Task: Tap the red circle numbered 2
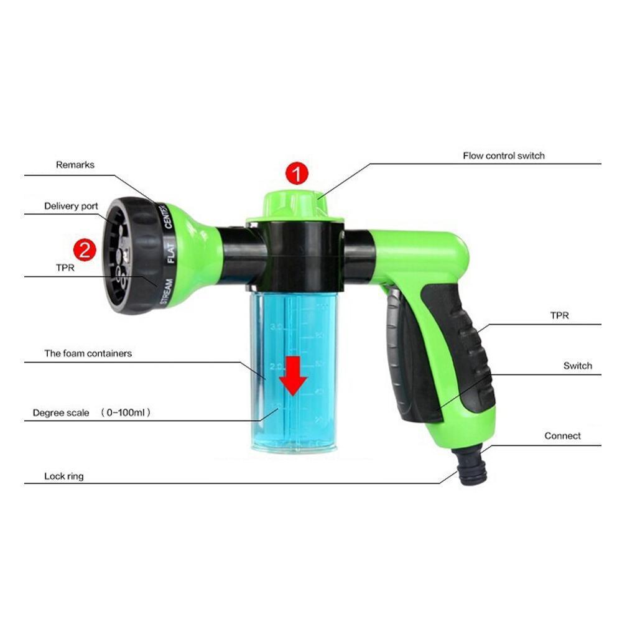coord(85,250)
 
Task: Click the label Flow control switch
coord(503,155)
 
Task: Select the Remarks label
coord(75,165)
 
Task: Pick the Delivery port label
coord(71,206)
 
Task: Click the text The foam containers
coord(88,353)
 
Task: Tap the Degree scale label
coord(61,412)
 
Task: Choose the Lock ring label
coord(63,476)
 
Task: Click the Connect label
coord(562,436)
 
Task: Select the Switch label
coord(577,366)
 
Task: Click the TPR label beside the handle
coord(559,316)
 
